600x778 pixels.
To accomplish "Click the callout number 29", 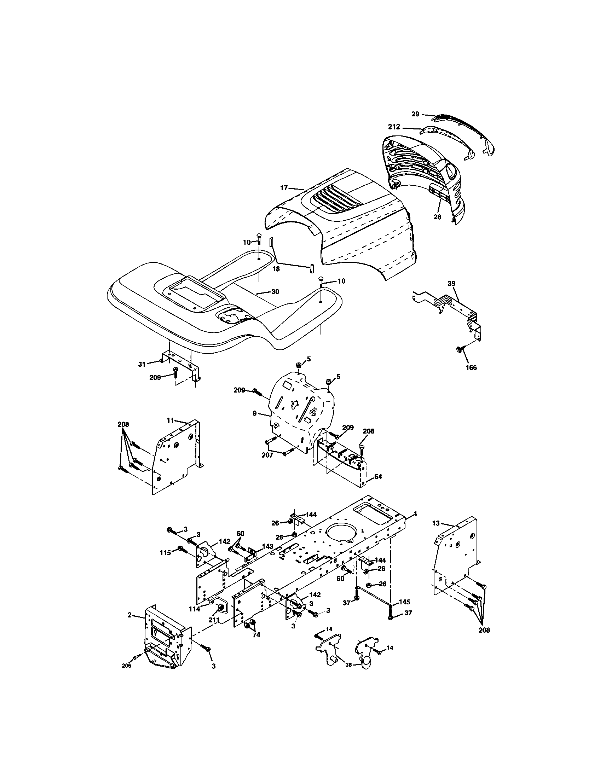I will point(415,114).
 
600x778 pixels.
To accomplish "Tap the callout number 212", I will point(394,127).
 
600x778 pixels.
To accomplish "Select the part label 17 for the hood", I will point(284,188).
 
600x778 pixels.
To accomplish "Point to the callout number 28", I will point(437,216).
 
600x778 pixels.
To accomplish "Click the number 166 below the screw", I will point(471,368).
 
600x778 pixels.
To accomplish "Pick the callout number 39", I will point(451,284).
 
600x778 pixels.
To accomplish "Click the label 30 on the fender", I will point(275,291).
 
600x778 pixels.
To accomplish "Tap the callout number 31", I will point(142,364).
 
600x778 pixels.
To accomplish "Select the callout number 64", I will point(378,476).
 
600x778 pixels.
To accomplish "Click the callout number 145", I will point(404,602).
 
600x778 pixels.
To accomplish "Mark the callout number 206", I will point(127,666).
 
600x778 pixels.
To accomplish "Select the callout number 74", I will point(256,635).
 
